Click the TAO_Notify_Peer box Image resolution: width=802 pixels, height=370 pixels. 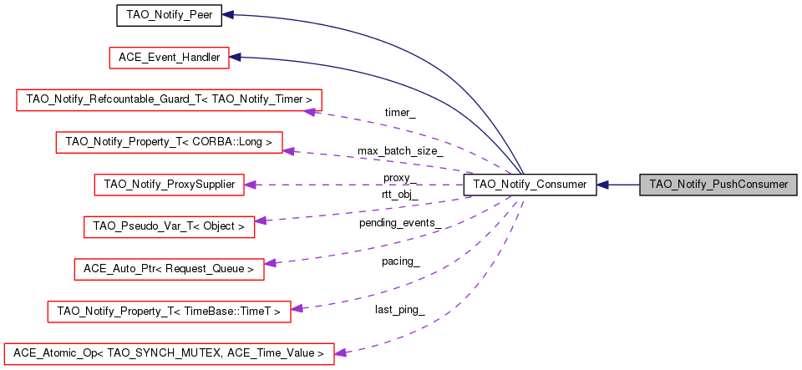point(169,15)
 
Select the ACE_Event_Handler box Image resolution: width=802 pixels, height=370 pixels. point(169,58)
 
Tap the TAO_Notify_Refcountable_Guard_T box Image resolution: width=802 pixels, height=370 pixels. point(170,99)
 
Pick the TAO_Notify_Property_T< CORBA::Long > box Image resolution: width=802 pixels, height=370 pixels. point(169,142)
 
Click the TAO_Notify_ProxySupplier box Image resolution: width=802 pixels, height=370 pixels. point(170,184)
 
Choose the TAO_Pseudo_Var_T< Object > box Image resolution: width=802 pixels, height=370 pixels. point(169,226)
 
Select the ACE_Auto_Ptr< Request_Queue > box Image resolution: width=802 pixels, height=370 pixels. point(169,269)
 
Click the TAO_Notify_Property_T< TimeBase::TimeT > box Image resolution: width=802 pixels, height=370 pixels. point(170,312)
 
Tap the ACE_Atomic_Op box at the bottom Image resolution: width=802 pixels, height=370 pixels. point(169,353)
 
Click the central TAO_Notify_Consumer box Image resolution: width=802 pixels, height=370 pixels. point(530,185)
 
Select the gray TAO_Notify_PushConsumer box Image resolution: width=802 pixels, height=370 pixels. point(718,185)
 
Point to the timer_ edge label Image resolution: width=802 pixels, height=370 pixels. point(400,112)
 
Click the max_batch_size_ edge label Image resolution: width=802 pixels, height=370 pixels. point(400,151)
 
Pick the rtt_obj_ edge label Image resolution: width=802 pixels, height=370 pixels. point(399,194)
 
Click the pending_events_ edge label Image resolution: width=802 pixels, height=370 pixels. point(400,223)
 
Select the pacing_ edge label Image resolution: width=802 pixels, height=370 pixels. point(400,261)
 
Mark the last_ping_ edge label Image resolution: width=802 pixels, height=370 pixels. point(399,310)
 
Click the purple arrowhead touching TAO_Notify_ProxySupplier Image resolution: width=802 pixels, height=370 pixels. point(250,185)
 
